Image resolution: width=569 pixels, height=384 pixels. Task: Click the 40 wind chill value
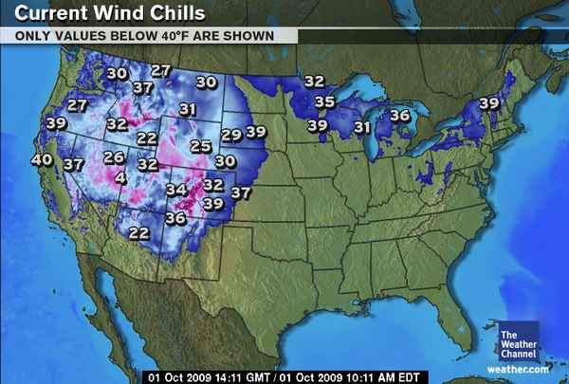coord(42,160)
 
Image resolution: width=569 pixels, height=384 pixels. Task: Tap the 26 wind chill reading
coord(114,157)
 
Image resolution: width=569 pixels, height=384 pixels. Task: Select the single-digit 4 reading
coord(120,177)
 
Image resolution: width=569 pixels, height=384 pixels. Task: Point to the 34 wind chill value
coord(176,190)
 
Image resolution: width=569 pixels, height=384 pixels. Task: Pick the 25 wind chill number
coord(200,146)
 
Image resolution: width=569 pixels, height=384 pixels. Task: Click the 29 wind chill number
coord(231,135)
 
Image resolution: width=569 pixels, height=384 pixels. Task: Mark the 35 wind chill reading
coord(325,101)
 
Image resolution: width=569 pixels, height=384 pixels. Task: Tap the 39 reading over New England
coord(489,103)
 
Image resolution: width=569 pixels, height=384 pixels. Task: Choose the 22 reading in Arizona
coord(139,233)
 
